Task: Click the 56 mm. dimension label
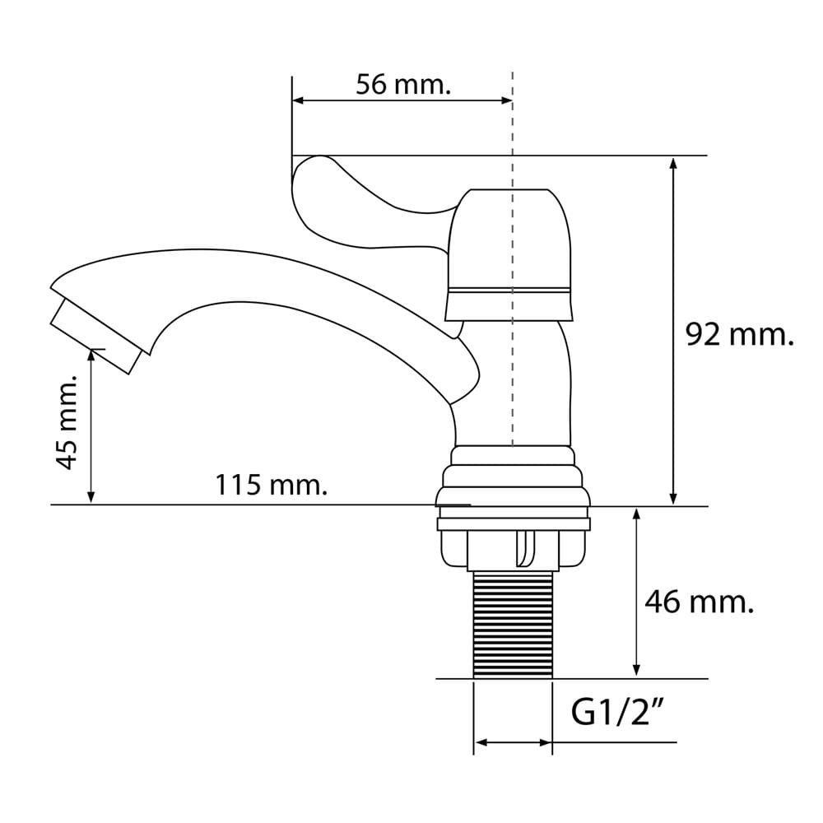pos(403,84)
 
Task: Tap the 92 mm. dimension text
pos(739,334)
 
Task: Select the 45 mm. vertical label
pos(67,422)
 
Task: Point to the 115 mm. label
pos(272,485)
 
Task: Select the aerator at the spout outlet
pos(96,336)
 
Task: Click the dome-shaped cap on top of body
pos(509,254)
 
